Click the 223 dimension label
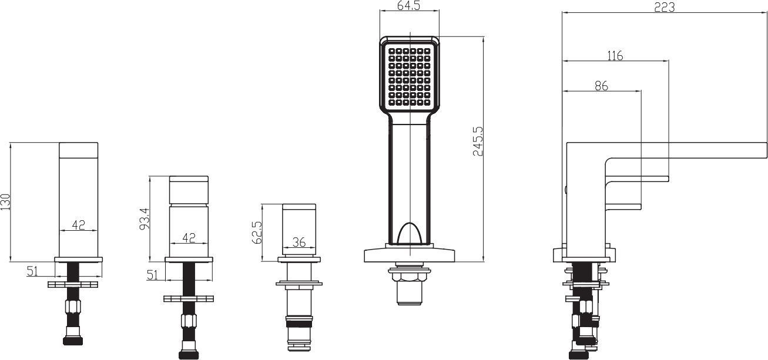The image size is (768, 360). (x=664, y=7)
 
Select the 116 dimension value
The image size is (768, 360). (x=615, y=56)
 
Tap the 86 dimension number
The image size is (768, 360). (x=601, y=86)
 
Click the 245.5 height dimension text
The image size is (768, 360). (x=478, y=141)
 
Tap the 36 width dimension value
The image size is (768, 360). (x=298, y=241)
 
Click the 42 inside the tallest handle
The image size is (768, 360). (x=79, y=224)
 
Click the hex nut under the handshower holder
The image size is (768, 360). (x=410, y=276)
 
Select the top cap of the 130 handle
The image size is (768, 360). (x=79, y=150)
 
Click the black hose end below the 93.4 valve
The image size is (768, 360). (x=189, y=354)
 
